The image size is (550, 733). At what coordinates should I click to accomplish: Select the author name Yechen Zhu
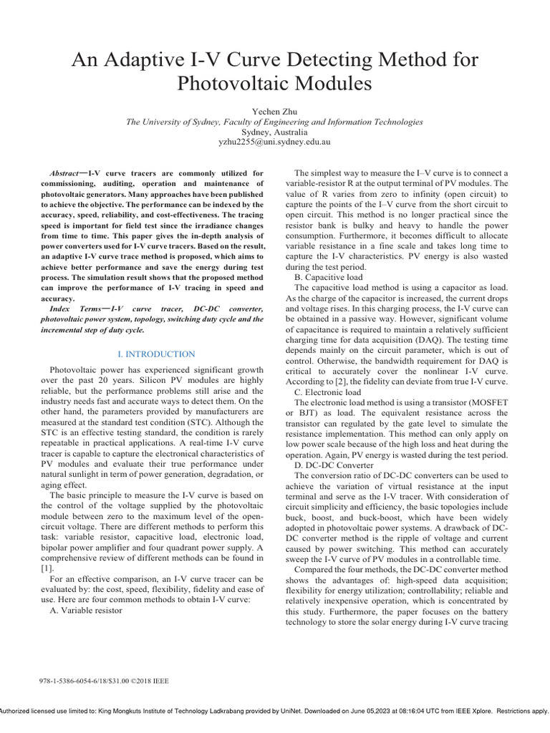click(x=274, y=112)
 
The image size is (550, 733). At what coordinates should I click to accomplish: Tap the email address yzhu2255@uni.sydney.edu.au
click(x=274, y=142)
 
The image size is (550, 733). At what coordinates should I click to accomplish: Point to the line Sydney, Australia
click(x=274, y=132)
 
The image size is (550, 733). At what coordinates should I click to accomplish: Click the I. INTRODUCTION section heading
click(x=155, y=354)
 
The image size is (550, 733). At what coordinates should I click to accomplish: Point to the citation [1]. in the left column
click(x=49, y=567)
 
